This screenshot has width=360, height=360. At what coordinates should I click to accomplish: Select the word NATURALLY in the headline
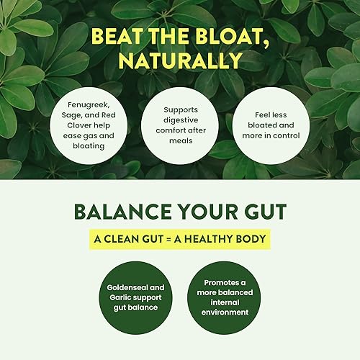coord(180,61)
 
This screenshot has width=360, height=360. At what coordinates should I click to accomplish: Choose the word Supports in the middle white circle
coord(179,109)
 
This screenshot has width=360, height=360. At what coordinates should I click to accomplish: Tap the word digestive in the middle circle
coord(179,120)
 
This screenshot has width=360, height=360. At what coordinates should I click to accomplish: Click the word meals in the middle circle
coord(179,141)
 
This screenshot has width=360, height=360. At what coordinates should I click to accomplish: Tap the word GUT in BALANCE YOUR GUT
coord(262,212)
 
